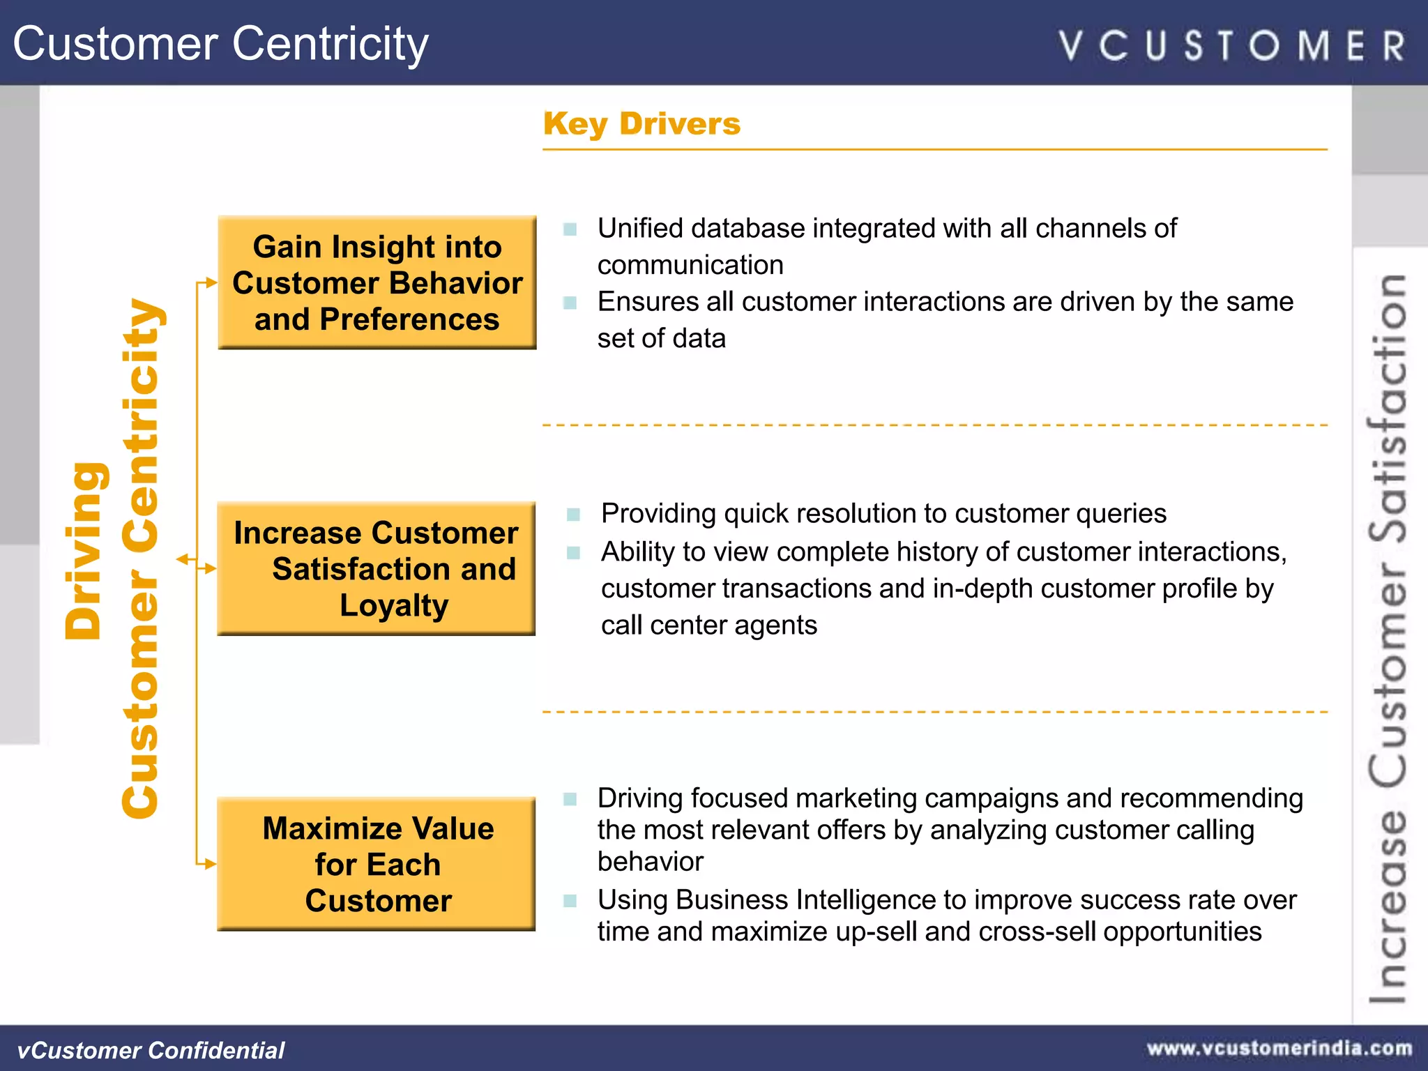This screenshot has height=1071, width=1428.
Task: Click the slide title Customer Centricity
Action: click(x=220, y=43)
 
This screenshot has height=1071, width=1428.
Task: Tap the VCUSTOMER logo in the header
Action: click(x=1231, y=46)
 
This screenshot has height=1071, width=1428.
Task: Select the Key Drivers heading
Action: click(x=641, y=124)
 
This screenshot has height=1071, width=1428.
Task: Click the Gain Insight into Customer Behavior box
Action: click(x=377, y=282)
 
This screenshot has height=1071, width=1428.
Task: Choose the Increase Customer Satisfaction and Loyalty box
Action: click(x=377, y=568)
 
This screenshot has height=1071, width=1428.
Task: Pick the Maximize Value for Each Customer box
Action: click(x=377, y=864)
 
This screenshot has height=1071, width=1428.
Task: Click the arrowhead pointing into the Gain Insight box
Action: click(x=212, y=283)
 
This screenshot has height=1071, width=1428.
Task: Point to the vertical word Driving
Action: click(x=85, y=551)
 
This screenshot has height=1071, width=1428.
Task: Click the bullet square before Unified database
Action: click(x=570, y=229)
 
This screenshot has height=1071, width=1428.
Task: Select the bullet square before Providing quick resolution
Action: click(x=573, y=515)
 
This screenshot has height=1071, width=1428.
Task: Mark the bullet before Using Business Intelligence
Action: click(x=570, y=900)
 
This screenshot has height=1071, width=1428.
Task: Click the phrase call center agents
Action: click(x=708, y=625)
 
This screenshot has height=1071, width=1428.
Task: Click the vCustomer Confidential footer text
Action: click(x=151, y=1050)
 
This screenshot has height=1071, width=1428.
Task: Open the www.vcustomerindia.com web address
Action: click(x=1279, y=1049)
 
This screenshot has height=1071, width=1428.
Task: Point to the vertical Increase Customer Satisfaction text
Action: click(x=1388, y=638)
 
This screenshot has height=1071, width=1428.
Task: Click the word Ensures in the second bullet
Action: click(x=648, y=302)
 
